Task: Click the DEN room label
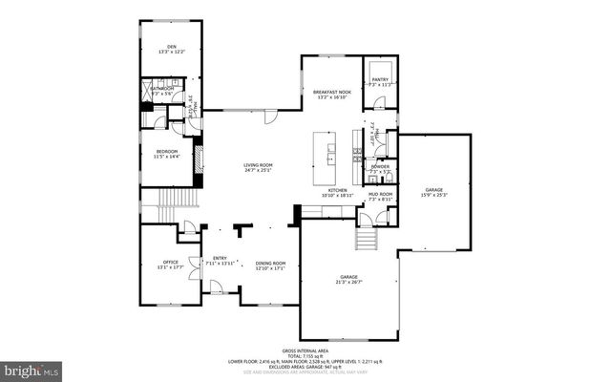click(x=172, y=46)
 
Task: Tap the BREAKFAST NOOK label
click(x=332, y=92)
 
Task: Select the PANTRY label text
click(x=380, y=80)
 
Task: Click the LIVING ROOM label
click(x=258, y=165)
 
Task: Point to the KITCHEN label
click(x=338, y=190)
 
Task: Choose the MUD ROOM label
click(x=381, y=195)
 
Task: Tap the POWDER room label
click(x=380, y=166)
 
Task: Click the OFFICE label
click(x=171, y=262)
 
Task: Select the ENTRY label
click(x=220, y=258)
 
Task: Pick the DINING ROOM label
click(x=271, y=264)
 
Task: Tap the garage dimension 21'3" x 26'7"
click(x=348, y=282)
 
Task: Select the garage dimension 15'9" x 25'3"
click(x=435, y=196)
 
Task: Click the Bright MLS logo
click(x=31, y=368)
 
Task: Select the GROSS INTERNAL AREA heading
click(x=305, y=350)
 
